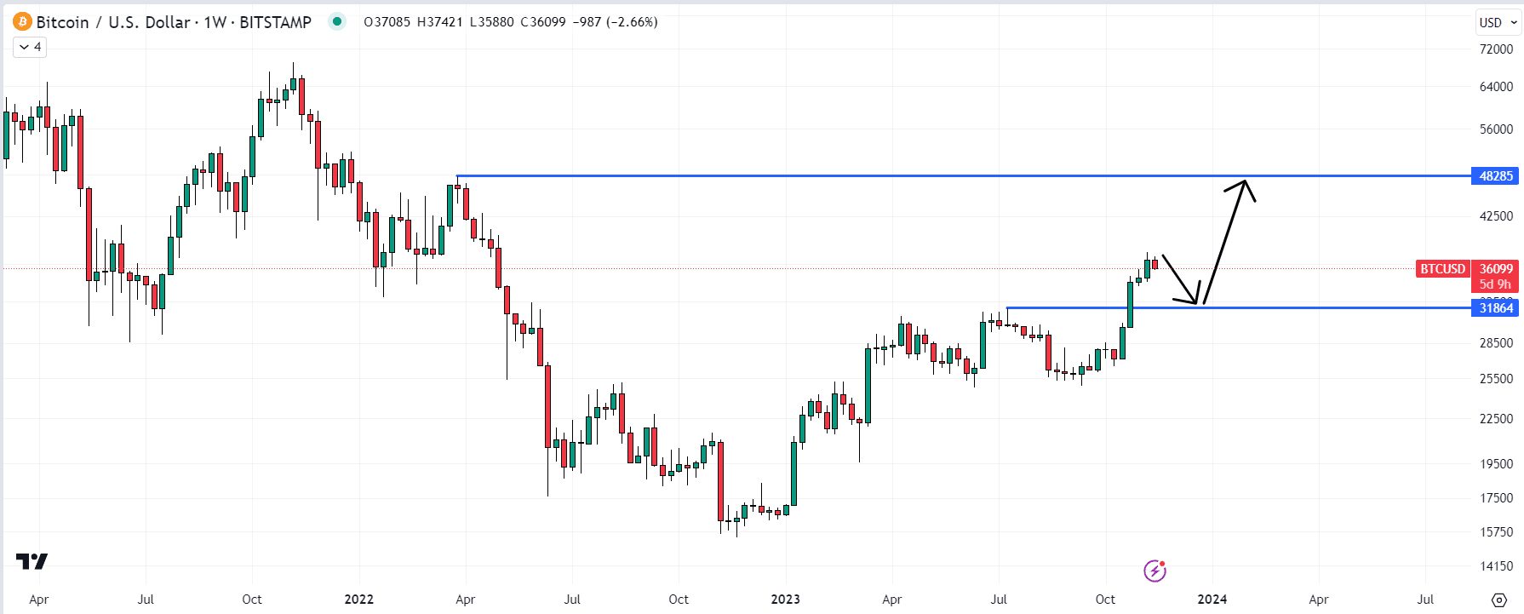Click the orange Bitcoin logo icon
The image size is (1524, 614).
(x=22, y=22)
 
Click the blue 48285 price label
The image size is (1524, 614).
(x=1495, y=176)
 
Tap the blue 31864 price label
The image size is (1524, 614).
(x=1495, y=308)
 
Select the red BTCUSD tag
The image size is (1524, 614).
(x=1442, y=269)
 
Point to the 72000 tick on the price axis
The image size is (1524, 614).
(x=1496, y=49)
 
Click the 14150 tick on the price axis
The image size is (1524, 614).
(x=1496, y=566)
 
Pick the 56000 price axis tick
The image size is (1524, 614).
(x=1496, y=129)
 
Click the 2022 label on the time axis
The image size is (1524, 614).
(x=358, y=600)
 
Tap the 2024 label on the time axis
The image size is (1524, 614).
(x=1212, y=600)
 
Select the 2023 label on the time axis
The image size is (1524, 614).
(x=785, y=600)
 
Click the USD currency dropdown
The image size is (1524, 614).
(x=1498, y=22)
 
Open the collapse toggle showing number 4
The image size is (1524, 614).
(x=30, y=47)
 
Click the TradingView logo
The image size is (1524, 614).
(x=32, y=561)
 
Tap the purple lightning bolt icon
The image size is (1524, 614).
(x=1154, y=571)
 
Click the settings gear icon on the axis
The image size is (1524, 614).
(x=1499, y=600)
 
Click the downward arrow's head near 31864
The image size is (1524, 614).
(x=1196, y=302)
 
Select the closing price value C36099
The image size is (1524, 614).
(x=543, y=22)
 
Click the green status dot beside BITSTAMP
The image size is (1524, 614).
(x=337, y=22)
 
